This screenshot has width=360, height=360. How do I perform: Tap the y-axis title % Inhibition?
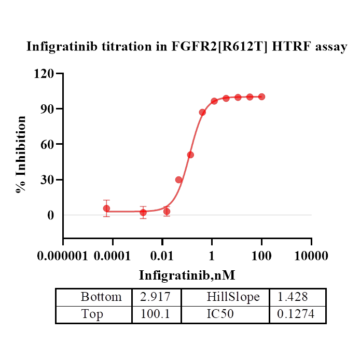tap(21, 155)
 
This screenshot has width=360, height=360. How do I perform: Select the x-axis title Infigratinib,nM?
tap(190, 275)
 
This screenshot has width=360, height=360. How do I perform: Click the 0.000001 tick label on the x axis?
tap(63, 256)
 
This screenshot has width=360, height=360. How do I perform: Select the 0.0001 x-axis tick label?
tap(113, 256)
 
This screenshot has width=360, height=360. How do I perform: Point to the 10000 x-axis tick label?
tap(311, 256)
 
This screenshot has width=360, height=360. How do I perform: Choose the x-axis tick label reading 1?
tap(212, 256)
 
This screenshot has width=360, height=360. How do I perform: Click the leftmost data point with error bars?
tap(106, 209)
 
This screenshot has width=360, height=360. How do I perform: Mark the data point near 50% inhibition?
tap(190, 155)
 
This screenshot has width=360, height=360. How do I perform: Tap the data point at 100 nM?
tap(261, 96)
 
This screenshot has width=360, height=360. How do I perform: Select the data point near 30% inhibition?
tap(178, 179)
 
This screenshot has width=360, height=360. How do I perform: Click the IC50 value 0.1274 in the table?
tap(296, 314)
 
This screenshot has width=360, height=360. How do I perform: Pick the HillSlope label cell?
tap(233, 297)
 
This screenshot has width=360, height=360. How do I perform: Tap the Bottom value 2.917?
tap(156, 297)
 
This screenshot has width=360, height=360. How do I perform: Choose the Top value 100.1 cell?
tap(156, 314)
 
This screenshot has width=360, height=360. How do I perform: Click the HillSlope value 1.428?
tap(293, 297)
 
